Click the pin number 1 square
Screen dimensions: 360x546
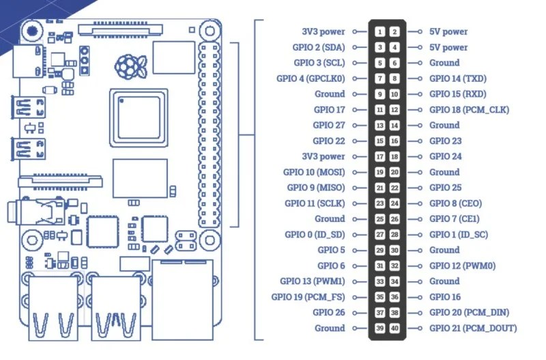(379, 31)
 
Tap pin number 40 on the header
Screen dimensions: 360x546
(395, 329)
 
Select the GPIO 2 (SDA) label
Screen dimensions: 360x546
(319, 47)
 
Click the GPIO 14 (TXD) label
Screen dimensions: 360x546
(457, 79)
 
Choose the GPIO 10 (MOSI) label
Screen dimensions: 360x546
(314, 172)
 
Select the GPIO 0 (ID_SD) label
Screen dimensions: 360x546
(315, 234)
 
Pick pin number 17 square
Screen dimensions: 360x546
(379, 156)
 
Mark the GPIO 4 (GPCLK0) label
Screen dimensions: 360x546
(311, 79)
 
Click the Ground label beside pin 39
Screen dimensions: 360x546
(330, 329)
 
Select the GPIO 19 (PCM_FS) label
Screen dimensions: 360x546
(313, 297)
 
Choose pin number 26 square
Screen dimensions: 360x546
(395, 219)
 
